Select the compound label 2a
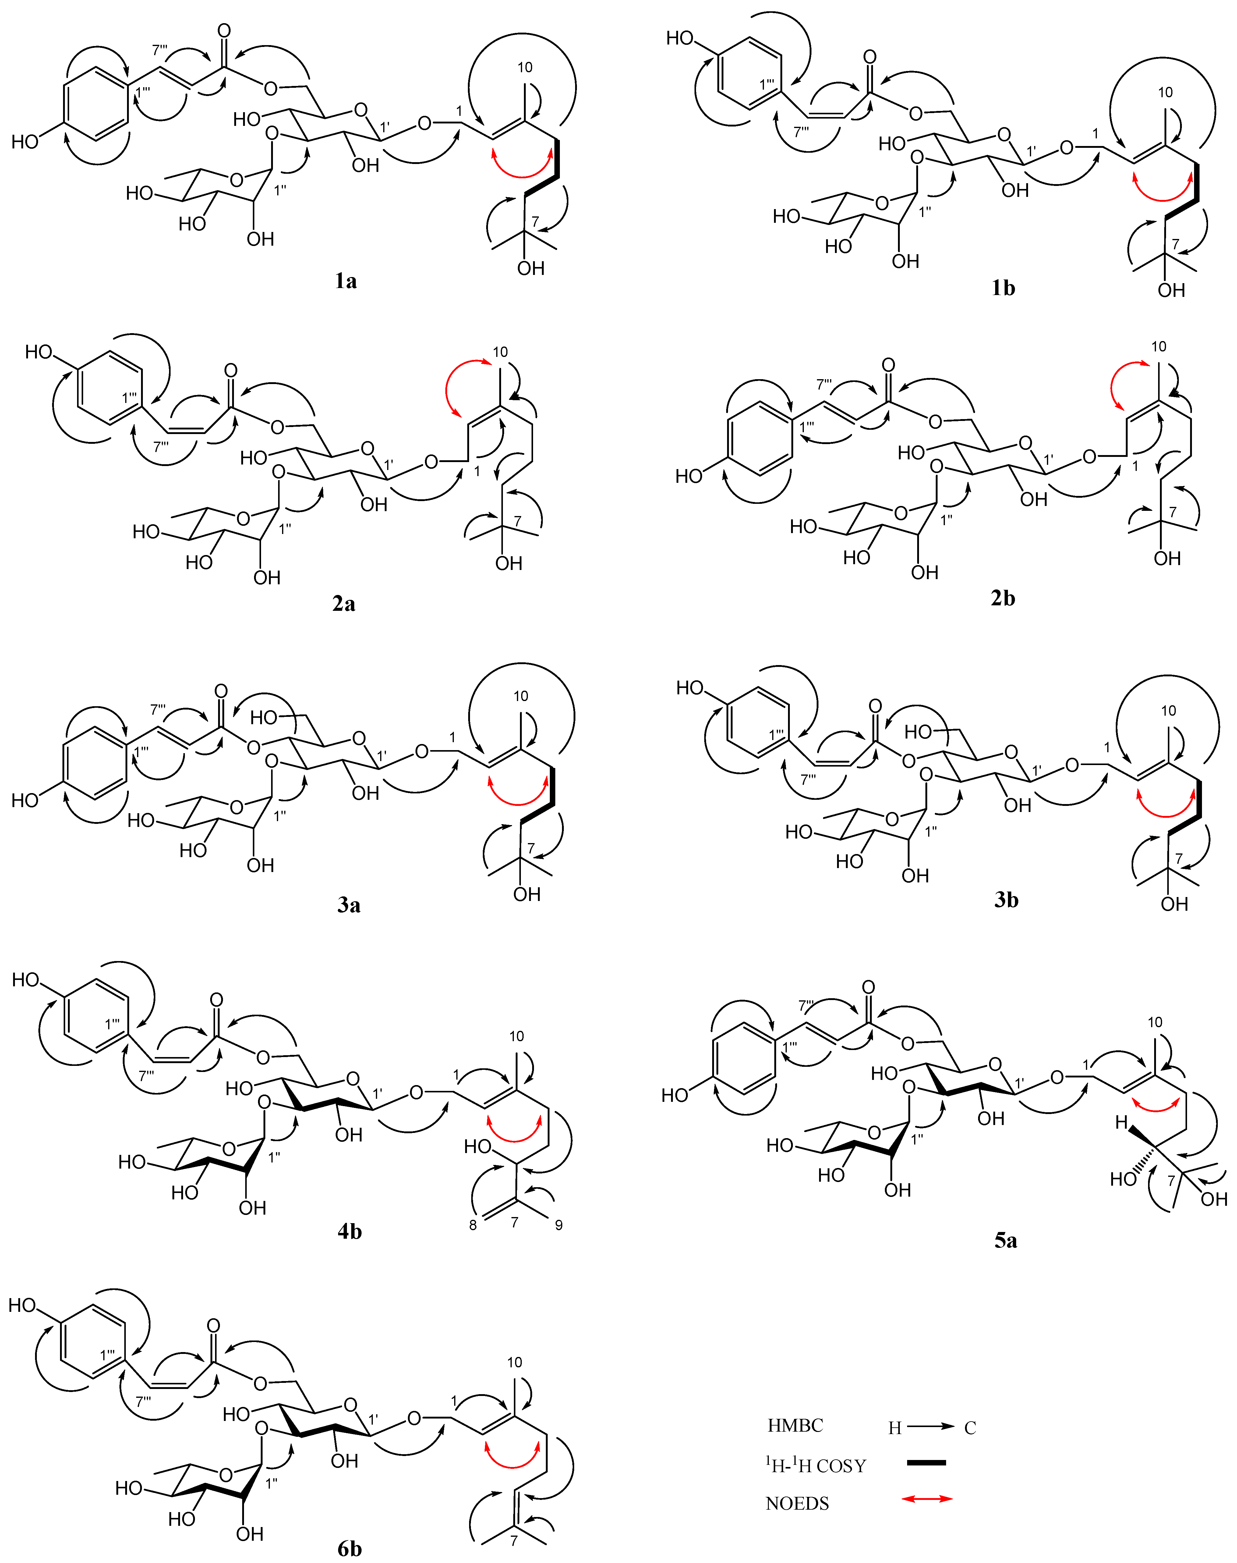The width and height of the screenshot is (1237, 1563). pyautogui.click(x=344, y=603)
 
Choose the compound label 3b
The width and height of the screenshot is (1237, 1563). pyautogui.click(x=1006, y=900)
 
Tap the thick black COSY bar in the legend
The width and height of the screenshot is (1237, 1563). pyautogui.click(x=926, y=1462)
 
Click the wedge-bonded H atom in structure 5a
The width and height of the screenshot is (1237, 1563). pyautogui.click(x=1122, y=1123)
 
